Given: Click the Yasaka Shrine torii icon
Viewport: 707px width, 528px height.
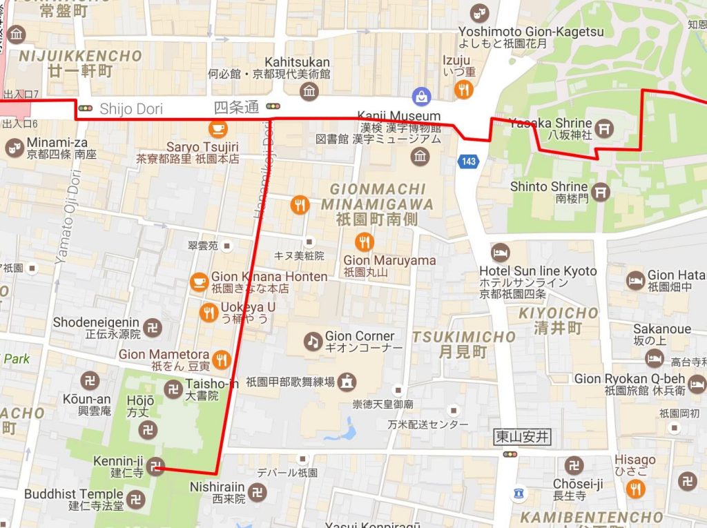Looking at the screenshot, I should tap(605, 128).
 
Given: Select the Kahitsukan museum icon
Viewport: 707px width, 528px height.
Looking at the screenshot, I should tap(309, 91).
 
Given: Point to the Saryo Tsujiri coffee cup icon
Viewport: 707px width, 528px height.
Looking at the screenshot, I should tap(218, 128).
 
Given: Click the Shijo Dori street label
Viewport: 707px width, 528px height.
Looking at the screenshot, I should tap(132, 108).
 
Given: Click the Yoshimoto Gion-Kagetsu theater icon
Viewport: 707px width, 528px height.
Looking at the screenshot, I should tap(478, 13).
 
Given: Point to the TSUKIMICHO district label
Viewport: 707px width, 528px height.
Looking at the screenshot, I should tap(463, 337).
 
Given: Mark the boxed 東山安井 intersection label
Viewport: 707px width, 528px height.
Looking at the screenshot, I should tap(523, 436).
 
